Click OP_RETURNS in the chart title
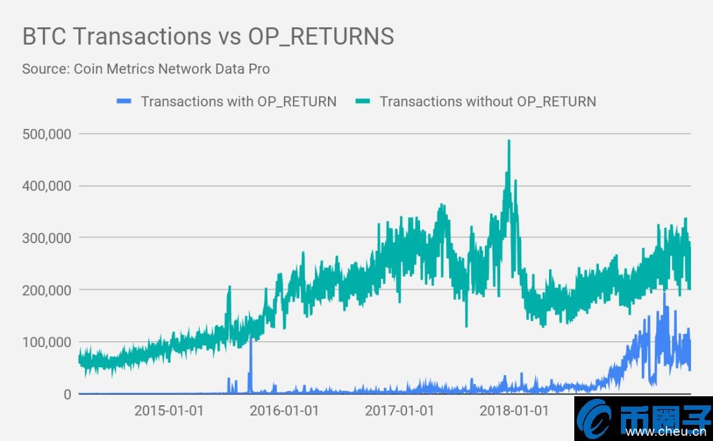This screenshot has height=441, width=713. point(321,36)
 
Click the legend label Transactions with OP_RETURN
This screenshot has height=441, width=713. point(239,101)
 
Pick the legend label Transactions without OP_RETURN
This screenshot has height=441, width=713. point(487,101)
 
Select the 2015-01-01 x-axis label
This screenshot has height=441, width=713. point(169,411)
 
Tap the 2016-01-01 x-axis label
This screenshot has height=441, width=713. point(284,411)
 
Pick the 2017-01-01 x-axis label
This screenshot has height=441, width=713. point(399,411)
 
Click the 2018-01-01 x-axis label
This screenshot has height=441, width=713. point(515,411)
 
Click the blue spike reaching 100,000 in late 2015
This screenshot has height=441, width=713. point(251,363)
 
